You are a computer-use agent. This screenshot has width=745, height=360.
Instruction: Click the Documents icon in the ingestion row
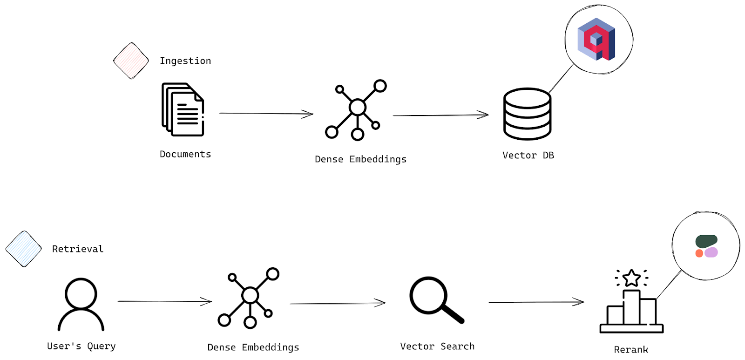pos(183,109)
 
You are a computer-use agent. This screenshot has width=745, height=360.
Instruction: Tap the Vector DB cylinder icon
pos(527,114)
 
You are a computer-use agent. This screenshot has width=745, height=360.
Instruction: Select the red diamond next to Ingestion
pos(131,61)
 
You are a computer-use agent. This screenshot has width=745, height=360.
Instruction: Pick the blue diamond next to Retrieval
pos(23,249)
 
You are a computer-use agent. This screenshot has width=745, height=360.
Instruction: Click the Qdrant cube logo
pos(596,39)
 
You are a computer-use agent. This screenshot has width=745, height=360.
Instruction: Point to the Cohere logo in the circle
pos(706,246)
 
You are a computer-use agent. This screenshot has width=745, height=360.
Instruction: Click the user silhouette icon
pos(81,304)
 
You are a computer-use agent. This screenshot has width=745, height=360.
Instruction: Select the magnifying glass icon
pos(436,299)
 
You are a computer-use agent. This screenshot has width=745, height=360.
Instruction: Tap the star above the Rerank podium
pos(631,278)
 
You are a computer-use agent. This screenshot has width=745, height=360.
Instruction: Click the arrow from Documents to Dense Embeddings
pos(266,113)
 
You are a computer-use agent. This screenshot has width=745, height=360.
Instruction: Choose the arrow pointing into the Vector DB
pos(440,115)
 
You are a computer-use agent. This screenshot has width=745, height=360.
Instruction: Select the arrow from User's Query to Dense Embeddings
pos(165,301)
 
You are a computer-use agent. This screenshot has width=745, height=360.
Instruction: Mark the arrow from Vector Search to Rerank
pos(536,302)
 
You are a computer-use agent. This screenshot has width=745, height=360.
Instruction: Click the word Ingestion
pos(185,61)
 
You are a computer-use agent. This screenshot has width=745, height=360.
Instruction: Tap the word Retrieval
pos(78,249)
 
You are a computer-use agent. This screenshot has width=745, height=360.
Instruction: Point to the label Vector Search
pos(437,346)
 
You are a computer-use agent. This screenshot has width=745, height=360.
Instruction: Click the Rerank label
pos(631,350)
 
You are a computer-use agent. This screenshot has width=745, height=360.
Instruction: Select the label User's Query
pos(81,346)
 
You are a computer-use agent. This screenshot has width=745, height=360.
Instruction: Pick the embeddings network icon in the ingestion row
pos(356,110)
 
